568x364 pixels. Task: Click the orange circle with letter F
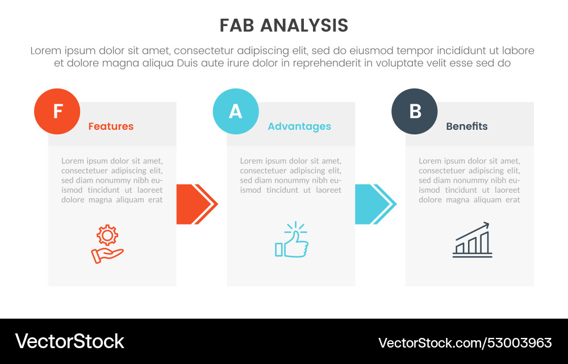(x=57, y=111)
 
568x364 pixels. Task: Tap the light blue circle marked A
(x=235, y=111)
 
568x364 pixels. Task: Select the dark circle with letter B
(x=415, y=111)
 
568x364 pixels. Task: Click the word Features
(x=111, y=126)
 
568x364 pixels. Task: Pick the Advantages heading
(x=299, y=126)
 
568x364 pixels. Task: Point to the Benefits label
(x=467, y=126)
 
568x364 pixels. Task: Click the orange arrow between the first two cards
(x=196, y=204)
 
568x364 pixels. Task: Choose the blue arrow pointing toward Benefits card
(x=375, y=204)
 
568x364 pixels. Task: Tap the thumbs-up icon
(x=292, y=242)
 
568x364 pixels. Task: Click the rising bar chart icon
(x=472, y=240)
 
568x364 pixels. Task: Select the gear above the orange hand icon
(x=107, y=234)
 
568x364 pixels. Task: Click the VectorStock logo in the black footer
(x=69, y=341)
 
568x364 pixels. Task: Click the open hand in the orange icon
(x=106, y=255)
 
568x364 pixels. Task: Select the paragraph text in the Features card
(x=112, y=180)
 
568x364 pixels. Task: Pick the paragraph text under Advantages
(x=291, y=175)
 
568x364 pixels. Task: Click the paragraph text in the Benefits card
(x=470, y=180)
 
